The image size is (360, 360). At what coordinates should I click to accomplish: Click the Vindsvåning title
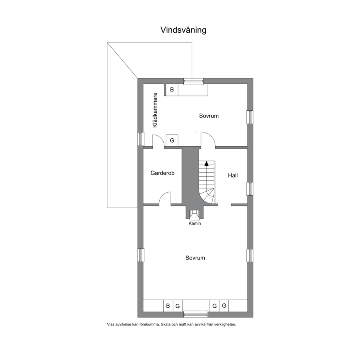[x=183, y=30]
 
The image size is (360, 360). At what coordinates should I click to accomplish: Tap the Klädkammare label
[x=155, y=110]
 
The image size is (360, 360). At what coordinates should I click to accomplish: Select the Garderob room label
[x=162, y=173]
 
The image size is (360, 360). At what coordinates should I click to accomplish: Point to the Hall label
[x=233, y=175]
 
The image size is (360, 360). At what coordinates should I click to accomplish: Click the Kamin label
[x=195, y=223]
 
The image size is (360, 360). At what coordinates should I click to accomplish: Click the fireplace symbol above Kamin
[x=195, y=214]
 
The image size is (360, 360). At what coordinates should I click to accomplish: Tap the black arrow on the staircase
[x=206, y=163]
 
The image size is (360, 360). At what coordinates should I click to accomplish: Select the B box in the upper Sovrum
[x=172, y=90]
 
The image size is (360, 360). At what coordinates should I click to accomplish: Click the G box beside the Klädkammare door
[x=172, y=140]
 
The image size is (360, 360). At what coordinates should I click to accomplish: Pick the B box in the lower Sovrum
[x=168, y=306]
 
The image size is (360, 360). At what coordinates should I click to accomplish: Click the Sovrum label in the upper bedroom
[x=209, y=116]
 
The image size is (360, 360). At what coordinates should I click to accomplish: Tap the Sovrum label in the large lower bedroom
[x=195, y=258]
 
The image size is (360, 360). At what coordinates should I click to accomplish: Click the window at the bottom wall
[x=195, y=314]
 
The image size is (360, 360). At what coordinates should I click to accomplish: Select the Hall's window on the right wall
[x=250, y=189]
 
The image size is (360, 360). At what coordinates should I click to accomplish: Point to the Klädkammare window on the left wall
[x=140, y=139]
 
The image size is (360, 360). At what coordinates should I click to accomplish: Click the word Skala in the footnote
[x=165, y=324]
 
